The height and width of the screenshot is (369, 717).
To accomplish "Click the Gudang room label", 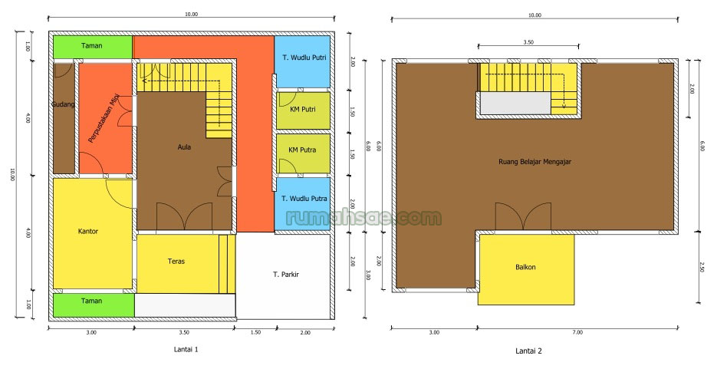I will [63, 104].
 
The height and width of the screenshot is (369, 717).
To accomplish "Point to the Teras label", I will [176, 261].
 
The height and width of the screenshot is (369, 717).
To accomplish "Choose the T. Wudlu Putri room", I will [302, 58].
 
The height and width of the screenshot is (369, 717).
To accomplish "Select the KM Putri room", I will [303, 109].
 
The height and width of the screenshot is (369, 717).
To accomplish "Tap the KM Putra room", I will [303, 150].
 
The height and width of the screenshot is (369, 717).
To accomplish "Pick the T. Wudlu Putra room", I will [303, 198].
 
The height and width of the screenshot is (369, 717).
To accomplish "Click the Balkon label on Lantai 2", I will [525, 268].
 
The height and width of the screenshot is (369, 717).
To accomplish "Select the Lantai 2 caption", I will [528, 351].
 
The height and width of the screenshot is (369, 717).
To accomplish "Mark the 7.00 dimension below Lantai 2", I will [577, 332].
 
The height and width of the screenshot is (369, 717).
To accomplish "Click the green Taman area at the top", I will [92, 47].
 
